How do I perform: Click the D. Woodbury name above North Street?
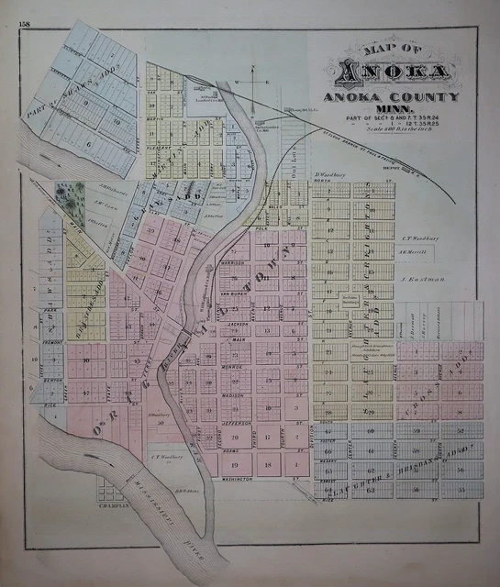[328, 173]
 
